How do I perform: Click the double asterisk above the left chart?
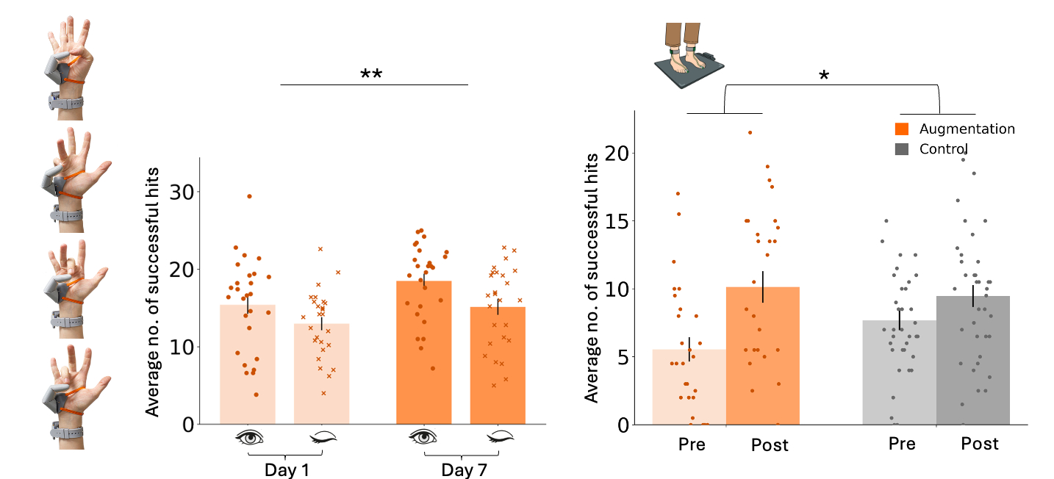pyautogui.click(x=372, y=75)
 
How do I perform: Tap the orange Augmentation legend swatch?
pyautogui.click(x=902, y=129)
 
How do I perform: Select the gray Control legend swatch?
pyautogui.click(x=902, y=149)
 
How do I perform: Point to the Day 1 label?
pyautogui.click(x=287, y=469)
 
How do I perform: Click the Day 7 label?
pyautogui.click(x=462, y=469)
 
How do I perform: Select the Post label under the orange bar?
pyautogui.click(x=770, y=445)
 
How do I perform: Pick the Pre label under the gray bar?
pyautogui.click(x=901, y=444)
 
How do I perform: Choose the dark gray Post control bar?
pyautogui.click(x=972, y=360)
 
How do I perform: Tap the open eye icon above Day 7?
pyautogui.click(x=424, y=437)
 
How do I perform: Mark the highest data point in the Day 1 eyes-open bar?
pyautogui.click(x=249, y=196)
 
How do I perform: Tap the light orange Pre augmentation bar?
pyautogui.click(x=689, y=386)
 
